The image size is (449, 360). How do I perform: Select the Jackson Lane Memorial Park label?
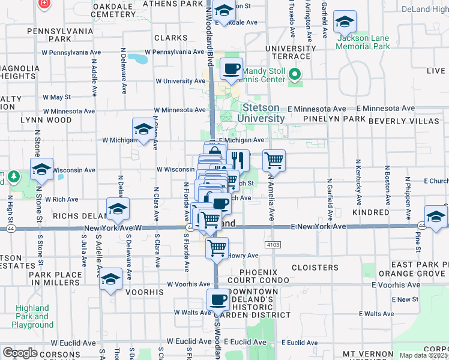[363, 42]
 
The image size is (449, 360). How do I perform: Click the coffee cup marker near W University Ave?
[231, 69]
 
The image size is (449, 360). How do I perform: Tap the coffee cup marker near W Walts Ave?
[218, 300]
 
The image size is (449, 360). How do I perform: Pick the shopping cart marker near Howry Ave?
[217, 248]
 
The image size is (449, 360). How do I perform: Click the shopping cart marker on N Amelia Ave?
[274, 160]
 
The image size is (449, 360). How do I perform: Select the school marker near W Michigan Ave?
[143, 129]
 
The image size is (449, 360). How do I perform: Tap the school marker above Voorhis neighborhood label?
[111, 279]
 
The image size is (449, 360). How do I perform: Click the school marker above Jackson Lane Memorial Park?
[345, 22]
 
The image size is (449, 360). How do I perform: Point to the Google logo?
[20, 353]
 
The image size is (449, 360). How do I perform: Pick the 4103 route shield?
[273, 245]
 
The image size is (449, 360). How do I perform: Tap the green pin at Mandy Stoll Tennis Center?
[294, 75]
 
